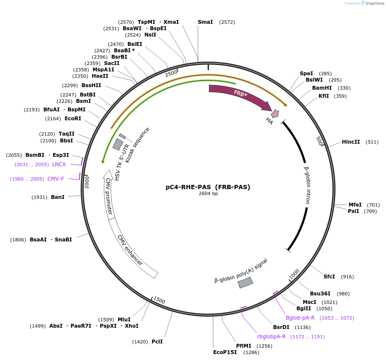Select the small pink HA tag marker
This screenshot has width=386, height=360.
[x=275, y=113]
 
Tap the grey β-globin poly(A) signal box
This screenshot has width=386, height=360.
[x=245, y=283]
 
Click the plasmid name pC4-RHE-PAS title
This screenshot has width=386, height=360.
[x=208, y=187]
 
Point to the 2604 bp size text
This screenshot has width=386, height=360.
[x=208, y=194]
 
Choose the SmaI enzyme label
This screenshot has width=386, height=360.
[x=206, y=22]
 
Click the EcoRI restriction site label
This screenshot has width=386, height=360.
[x=73, y=119]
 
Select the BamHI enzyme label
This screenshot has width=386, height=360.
[x=322, y=88]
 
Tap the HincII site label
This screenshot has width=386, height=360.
[x=351, y=142]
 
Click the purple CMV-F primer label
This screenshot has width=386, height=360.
[x=56, y=179]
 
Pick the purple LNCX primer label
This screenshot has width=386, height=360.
[x=59, y=164]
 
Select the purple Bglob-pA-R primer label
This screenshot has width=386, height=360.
[x=300, y=318]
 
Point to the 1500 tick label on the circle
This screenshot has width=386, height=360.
[x=159, y=300]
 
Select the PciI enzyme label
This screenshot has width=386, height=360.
[x=157, y=342]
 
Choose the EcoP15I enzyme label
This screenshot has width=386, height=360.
[x=225, y=352]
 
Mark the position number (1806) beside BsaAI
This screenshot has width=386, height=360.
[x=19, y=240]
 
